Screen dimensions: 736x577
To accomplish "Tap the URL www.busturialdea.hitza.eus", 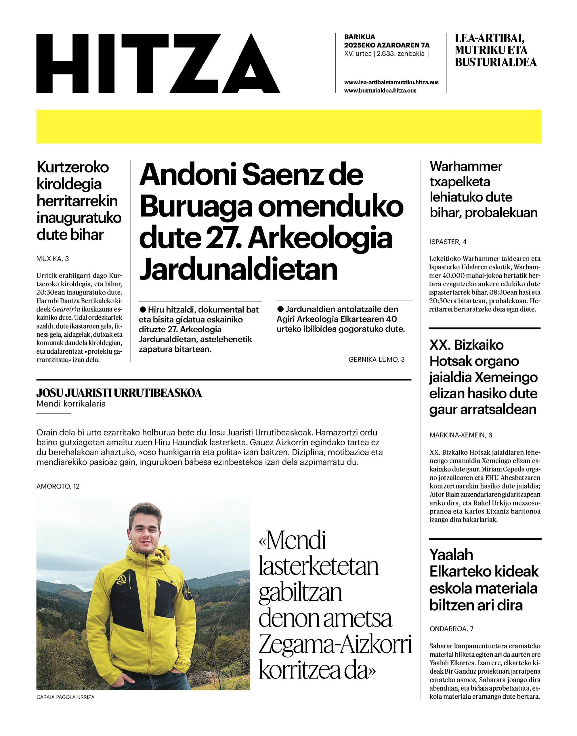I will tap(380, 91).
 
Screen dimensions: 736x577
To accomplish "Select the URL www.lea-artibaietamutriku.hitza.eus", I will tap(391, 82).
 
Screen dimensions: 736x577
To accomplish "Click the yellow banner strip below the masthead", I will tap(288, 126).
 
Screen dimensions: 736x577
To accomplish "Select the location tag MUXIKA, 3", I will tap(52, 259).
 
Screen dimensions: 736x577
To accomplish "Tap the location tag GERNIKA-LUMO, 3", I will tap(376, 360).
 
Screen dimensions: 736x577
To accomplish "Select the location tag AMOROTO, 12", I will tap(58, 486).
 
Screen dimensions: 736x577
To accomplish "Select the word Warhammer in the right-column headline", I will tap(466, 166).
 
